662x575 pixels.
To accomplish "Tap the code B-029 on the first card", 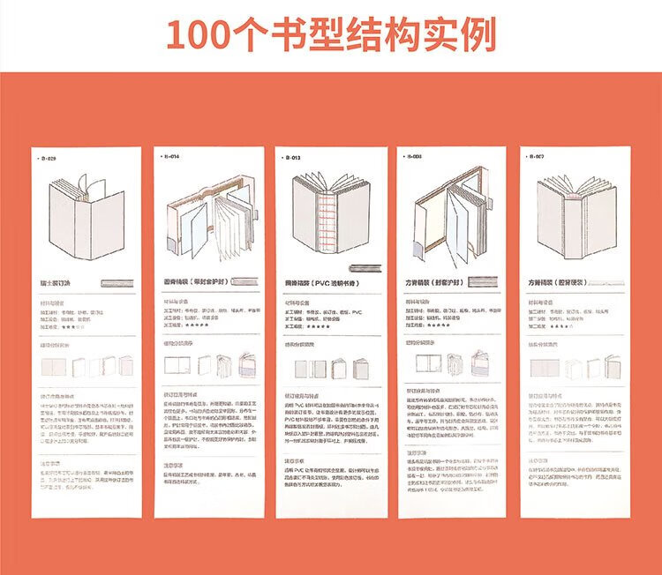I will click(x=48, y=159).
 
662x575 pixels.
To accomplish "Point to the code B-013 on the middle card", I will click(x=293, y=158).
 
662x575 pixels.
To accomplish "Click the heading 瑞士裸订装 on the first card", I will click(x=59, y=285).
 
